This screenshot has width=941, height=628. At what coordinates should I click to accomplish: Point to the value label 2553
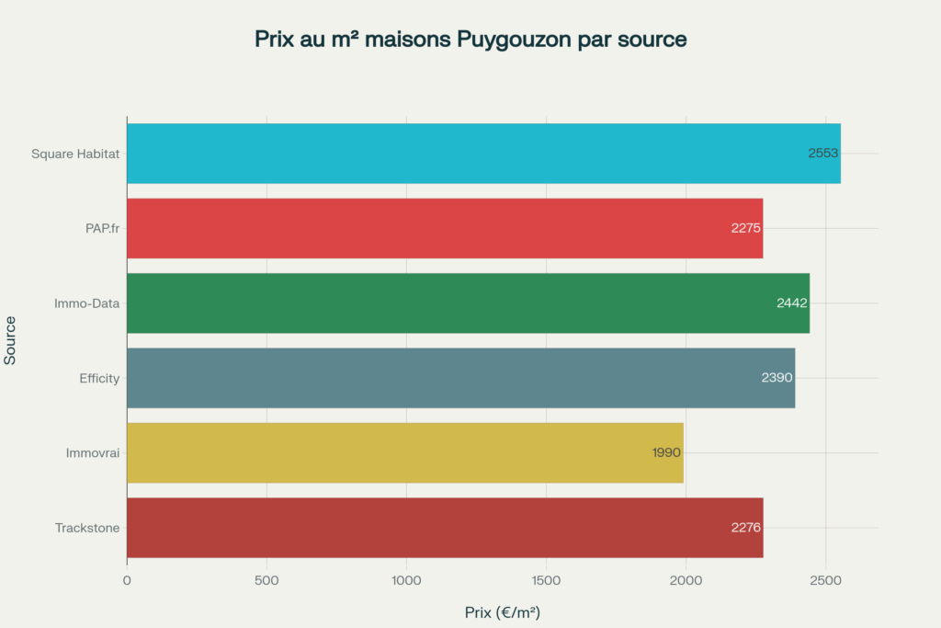tap(822, 154)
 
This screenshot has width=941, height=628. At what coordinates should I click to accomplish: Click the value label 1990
tap(666, 452)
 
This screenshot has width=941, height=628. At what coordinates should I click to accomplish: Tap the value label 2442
tap(791, 303)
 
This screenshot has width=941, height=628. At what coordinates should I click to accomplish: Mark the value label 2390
tap(777, 378)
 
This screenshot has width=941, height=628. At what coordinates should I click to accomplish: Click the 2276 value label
tap(746, 528)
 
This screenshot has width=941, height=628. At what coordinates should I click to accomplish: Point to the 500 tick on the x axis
tap(266, 580)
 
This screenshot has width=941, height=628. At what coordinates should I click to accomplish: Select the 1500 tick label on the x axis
tap(546, 580)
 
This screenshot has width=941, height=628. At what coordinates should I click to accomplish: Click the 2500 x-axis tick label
tap(825, 580)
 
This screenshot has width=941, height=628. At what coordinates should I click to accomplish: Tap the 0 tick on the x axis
tap(127, 580)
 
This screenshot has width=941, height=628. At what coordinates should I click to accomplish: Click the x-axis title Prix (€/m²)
tap(502, 611)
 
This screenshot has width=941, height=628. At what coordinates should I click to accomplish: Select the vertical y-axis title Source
tap(10, 340)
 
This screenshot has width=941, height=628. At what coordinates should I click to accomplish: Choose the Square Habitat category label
tap(75, 154)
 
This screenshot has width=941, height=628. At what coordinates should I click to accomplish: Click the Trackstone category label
tap(87, 528)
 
